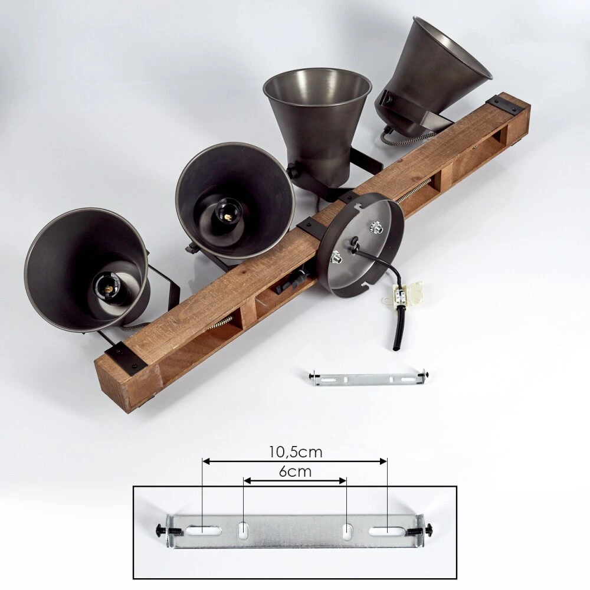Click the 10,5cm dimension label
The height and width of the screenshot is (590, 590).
pyautogui.click(x=296, y=452)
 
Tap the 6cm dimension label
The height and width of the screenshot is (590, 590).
pyautogui.click(x=296, y=471)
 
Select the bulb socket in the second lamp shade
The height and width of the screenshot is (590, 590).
pyautogui.click(x=226, y=214)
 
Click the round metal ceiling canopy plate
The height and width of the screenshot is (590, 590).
pyautogui.click(x=360, y=245)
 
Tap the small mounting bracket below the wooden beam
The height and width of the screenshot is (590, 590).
pyautogui.click(x=367, y=378)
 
